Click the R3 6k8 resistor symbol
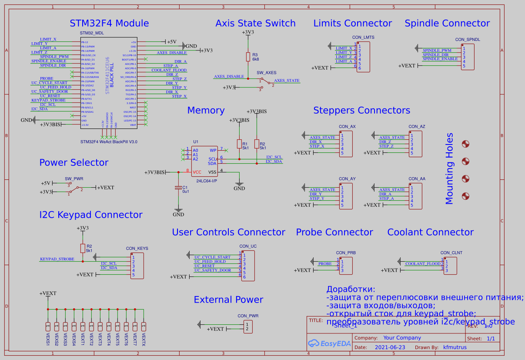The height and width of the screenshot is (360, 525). coord(248,57)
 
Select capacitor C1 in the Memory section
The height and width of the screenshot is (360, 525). coord(178,188)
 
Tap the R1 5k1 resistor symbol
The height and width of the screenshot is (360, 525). coord(239,144)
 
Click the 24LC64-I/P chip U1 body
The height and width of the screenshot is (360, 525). coord(204,161)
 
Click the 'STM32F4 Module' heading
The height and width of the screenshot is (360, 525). coord(109,24)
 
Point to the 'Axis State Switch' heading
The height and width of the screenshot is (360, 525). coord(255,24)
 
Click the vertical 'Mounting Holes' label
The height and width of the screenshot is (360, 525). coord(449,168)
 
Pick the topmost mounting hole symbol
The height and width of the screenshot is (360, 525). coord(465,144)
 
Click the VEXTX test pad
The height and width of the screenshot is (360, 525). coord(144,326)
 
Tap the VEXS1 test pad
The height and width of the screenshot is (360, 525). coord(47,326)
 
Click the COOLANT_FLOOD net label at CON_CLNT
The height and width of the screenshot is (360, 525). coord(423,264)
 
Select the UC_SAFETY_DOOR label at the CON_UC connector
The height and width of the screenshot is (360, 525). coord(213,270)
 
